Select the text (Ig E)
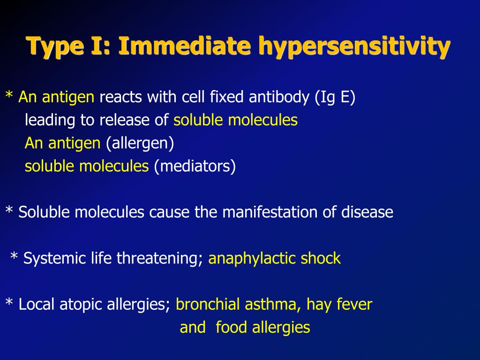coord(335,97)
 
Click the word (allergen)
coord(140,143)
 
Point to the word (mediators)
coord(194,166)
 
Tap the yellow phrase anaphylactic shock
coord(274,258)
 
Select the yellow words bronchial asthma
coord(239,304)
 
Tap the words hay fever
coord(339,304)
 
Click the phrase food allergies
coord(262,327)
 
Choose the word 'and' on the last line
coord(192,327)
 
